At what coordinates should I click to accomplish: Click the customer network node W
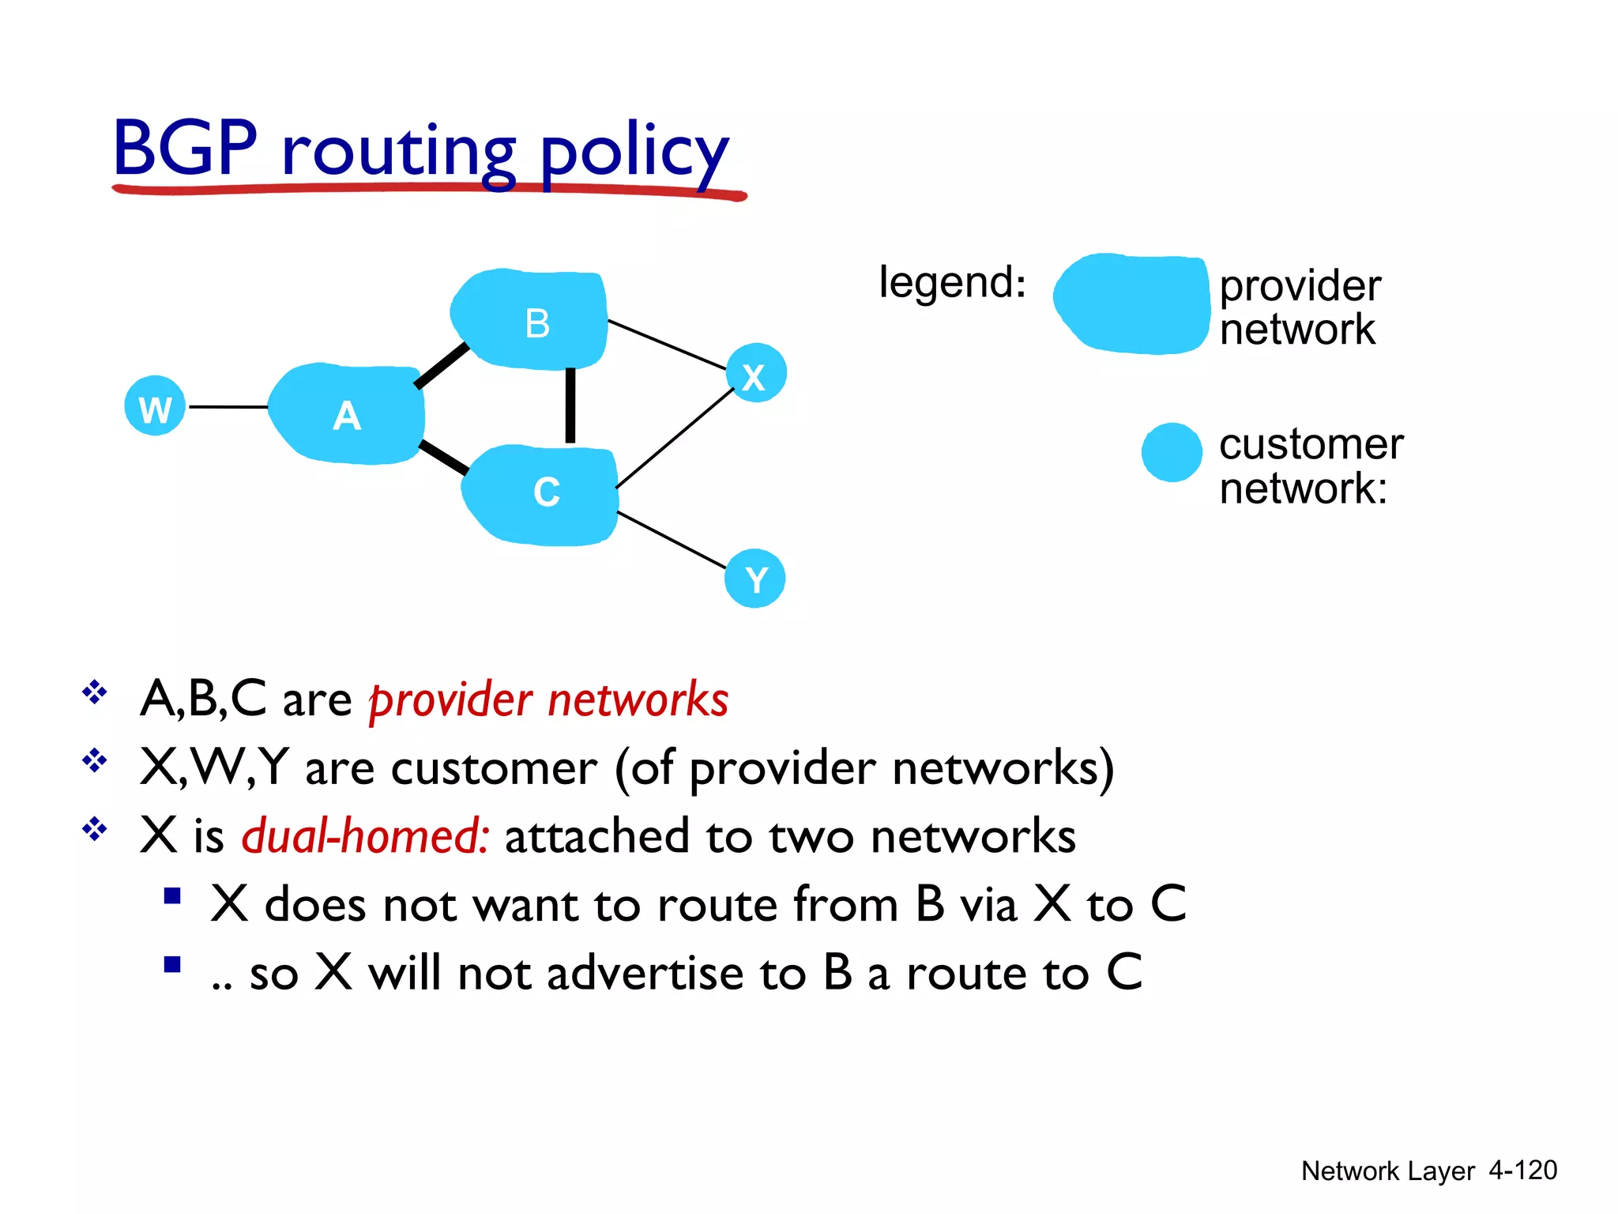click(155, 406)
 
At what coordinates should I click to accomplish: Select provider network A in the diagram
click(347, 415)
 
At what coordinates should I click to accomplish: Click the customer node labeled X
click(756, 373)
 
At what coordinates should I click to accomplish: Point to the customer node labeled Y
click(755, 579)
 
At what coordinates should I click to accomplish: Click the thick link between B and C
click(570, 406)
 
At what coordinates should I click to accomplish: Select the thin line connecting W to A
click(228, 407)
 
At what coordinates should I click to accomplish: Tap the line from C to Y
click(671, 540)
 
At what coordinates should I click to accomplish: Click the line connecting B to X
click(667, 344)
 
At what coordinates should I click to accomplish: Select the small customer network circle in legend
click(1172, 452)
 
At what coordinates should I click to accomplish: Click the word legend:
click(952, 282)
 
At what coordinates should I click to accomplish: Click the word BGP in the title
click(186, 148)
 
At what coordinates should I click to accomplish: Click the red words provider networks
click(549, 699)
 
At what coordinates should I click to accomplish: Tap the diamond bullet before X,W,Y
click(95, 761)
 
